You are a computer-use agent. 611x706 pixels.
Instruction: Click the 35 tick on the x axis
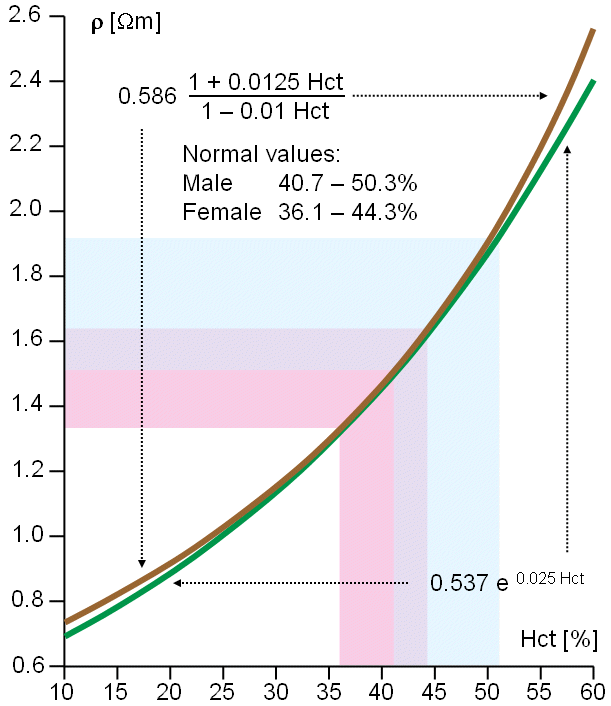[x=329, y=690]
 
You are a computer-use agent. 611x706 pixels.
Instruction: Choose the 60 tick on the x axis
[x=593, y=690]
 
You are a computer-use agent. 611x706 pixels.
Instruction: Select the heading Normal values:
[x=262, y=156]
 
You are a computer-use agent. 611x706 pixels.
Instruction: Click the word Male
[x=207, y=184]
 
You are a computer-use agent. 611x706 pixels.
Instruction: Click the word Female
[x=221, y=212]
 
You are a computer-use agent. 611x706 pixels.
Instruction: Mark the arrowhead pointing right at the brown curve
[x=543, y=96]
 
